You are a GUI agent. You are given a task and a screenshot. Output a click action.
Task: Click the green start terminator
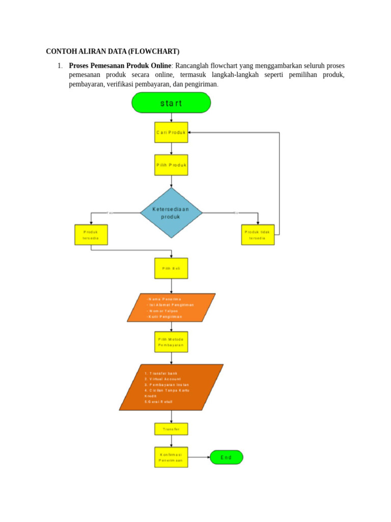click(171, 102)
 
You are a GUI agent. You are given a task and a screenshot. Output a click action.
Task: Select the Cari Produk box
click(171, 132)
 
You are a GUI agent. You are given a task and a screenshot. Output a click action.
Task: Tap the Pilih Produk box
click(171, 165)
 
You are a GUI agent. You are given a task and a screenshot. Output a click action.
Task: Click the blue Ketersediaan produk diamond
click(171, 213)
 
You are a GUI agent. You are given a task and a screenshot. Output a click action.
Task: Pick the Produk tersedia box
click(91, 234)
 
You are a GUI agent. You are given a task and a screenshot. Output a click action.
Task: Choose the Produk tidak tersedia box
click(258, 234)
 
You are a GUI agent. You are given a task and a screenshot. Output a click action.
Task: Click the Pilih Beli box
click(171, 268)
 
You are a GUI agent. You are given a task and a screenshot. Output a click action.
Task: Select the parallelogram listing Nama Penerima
click(171, 307)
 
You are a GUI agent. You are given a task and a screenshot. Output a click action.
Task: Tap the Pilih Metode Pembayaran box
click(171, 342)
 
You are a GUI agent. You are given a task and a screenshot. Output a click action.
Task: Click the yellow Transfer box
click(171, 429)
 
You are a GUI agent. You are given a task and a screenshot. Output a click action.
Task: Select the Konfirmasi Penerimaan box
click(171, 457)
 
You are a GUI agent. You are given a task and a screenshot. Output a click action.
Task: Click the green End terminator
click(226, 457)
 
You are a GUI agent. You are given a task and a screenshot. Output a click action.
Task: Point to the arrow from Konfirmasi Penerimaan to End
click(199, 457)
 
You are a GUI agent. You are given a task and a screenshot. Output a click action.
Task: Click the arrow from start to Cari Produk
click(171, 117)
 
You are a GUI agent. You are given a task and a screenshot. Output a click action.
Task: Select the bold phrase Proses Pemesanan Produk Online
click(120, 66)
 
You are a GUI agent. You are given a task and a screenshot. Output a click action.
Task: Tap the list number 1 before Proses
click(59, 66)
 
